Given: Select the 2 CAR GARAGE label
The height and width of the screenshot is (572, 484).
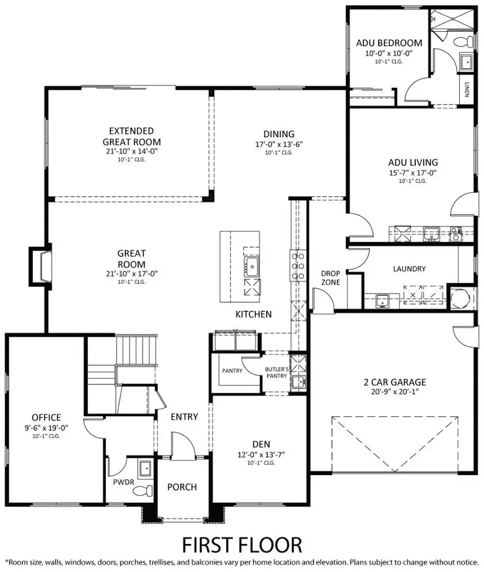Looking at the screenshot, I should pyautogui.click(x=394, y=382).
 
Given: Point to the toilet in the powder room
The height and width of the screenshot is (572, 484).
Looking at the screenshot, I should pyautogui.click(x=143, y=490).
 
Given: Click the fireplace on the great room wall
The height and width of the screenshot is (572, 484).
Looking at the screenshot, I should pyautogui.click(x=41, y=264).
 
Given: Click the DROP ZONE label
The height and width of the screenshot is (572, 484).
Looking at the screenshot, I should pyautogui.click(x=330, y=277).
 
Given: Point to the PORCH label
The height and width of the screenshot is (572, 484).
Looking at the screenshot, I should pyautogui.click(x=182, y=487).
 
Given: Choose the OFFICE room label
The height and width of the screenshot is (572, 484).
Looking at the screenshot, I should pyautogui.click(x=46, y=417).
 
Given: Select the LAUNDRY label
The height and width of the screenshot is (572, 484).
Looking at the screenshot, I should pyautogui.click(x=409, y=269).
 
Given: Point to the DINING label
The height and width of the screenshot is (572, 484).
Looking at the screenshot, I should pyautogui.click(x=279, y=134).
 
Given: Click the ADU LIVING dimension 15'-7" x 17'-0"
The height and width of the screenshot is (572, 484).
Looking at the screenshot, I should pyautogui.click(x=412, y=172).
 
